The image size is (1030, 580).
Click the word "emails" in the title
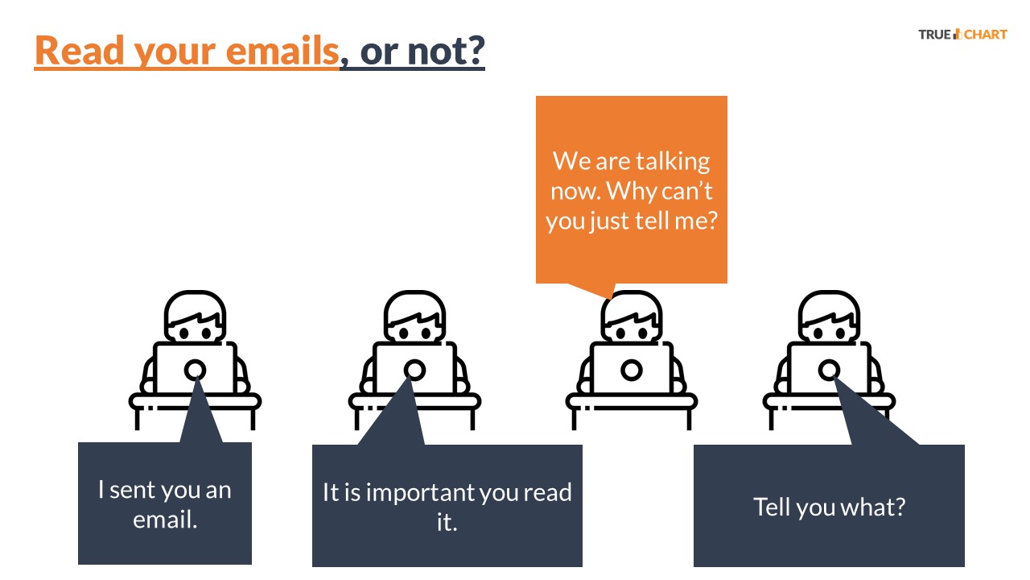[x=282, y=50]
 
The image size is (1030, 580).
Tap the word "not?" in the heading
[x=446, y=51]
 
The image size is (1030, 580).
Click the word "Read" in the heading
[x=80, y=50]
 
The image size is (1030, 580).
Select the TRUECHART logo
[x=962, y=35]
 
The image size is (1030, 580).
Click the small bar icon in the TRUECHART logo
[x=958, y=34]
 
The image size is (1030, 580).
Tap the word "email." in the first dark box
[x=165, y=520]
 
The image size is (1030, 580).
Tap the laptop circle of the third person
[x=632, y=370]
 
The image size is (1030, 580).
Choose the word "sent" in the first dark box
[x=131, y=490]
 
